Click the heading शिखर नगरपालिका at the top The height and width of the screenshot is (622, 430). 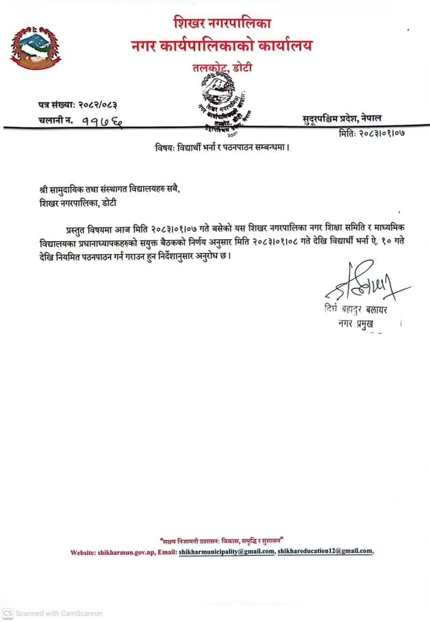[222, 25]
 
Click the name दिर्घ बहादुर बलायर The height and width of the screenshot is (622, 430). [356, 310]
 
